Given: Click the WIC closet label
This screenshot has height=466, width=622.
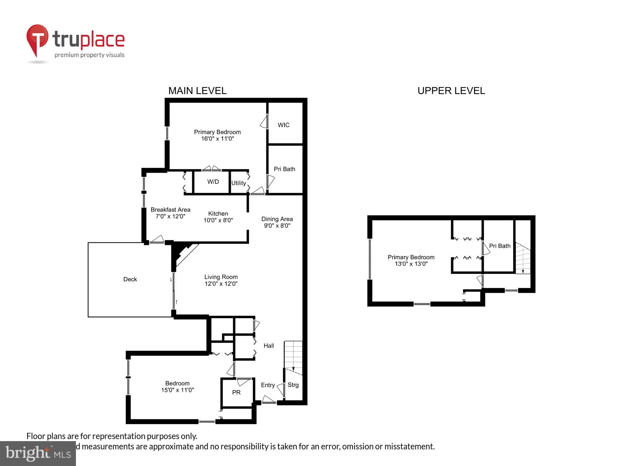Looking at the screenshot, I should [283, 125].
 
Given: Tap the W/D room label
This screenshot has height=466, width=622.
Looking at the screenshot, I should [213, 182].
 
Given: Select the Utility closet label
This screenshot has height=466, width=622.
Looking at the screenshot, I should [238, 183].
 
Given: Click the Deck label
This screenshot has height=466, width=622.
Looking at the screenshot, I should [130, 279].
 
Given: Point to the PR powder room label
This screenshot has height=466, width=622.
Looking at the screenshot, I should [236, 392].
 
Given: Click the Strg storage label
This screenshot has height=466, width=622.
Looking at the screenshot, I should [293, 385].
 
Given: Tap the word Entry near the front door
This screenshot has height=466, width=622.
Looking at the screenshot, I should [268, 385].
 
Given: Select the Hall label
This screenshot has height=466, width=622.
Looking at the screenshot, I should [268, 346].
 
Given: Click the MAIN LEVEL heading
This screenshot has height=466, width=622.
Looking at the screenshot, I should [197, 91].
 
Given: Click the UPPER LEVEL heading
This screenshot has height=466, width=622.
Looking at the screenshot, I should [451, 91].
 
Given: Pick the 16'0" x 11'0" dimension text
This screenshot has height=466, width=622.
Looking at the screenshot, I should [217, 139].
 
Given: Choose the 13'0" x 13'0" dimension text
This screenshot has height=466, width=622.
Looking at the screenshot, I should [411, 264].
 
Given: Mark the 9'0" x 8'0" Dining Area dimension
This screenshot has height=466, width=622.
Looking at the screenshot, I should [277, 226].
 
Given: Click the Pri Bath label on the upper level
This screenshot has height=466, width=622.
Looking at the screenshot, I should [500, 246].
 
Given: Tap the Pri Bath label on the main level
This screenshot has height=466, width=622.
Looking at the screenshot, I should [284, 169].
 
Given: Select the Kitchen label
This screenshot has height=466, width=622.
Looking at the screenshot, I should [218, 214].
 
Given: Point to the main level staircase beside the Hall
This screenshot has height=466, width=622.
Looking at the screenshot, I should [293, 356].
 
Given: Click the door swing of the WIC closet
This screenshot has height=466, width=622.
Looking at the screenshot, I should [264, 122].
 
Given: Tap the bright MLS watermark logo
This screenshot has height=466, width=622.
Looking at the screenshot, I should [38, 453].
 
